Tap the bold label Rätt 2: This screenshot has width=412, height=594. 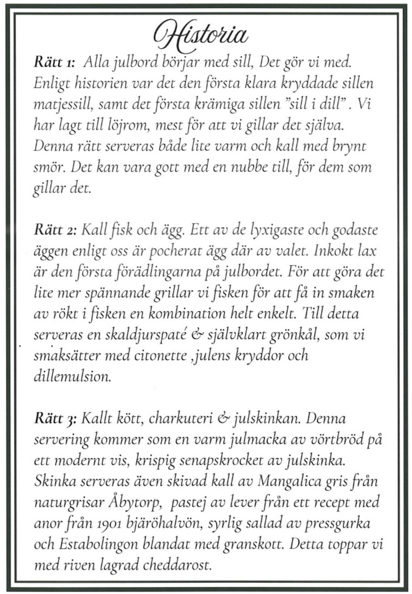pos(56,230)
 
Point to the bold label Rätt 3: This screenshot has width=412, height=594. pos(56,419)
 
